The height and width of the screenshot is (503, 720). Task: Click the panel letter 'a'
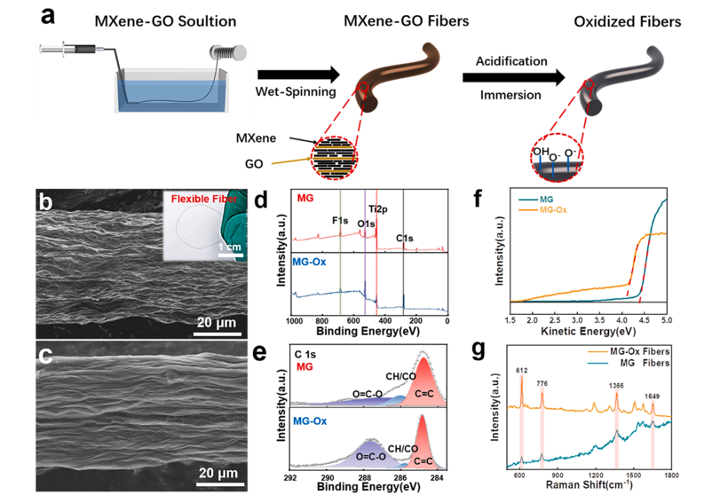click(x=45, y=16)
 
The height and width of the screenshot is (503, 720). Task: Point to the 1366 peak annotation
click(x=615, y=385)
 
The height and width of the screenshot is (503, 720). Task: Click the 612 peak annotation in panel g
click(x=522, y=368)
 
